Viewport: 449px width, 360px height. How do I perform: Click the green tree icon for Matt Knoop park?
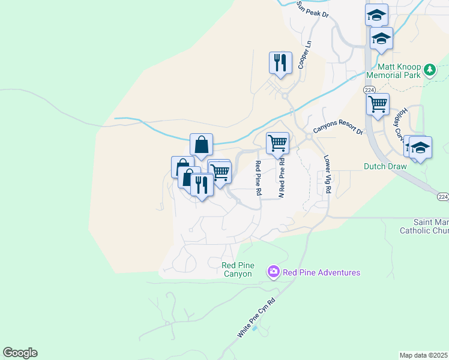(x=429, y=70)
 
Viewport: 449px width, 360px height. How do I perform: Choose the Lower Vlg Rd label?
(x=328, y=175)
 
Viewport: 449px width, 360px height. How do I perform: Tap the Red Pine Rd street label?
(x=258, y=178)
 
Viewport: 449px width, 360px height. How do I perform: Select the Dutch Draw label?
(x=386, y=166)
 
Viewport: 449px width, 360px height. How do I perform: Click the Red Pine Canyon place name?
(x=238, y=269)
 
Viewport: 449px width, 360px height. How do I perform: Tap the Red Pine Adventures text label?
(x=322, y=272)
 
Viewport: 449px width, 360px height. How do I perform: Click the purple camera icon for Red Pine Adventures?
(x=274, y=272)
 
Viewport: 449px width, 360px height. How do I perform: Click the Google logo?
(x=20, y=353)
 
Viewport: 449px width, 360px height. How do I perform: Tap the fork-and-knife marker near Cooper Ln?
(x=280, y=62)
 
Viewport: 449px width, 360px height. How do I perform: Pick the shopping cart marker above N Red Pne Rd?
(x=277, y=143)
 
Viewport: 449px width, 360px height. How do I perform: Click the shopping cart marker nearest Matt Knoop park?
(x=378, y=104)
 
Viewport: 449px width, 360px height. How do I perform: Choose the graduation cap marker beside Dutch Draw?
(x=420, y=147)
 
